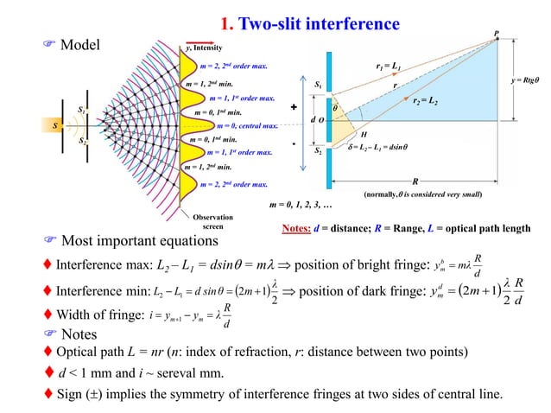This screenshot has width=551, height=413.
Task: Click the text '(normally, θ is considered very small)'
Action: (422, 196)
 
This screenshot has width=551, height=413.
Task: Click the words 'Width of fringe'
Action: (90, 315)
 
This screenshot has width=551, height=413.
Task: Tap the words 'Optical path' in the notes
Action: (92, 354)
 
